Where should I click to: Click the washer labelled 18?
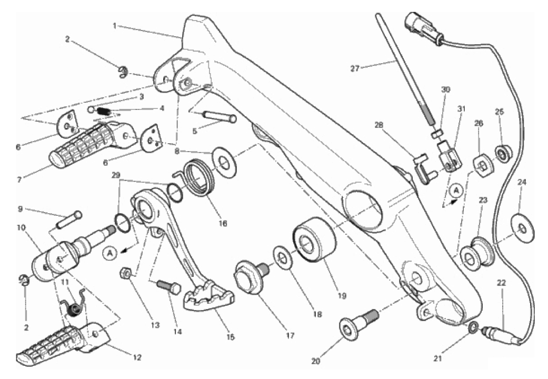(x=282, y=258)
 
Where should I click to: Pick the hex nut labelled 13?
(x=126, y=274)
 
